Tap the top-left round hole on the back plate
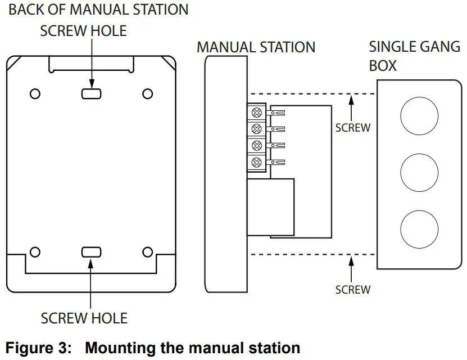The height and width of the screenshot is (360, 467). tap(34, 93)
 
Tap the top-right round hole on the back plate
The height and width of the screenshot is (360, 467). tap(148, 93)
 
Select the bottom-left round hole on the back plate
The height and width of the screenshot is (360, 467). tap(34, 252)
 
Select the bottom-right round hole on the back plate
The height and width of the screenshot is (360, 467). tap(148, 252)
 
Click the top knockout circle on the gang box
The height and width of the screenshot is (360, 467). tap(419, 115)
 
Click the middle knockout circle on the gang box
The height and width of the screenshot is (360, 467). tap(419, 172)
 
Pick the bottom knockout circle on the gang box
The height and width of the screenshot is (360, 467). tap(419, 228)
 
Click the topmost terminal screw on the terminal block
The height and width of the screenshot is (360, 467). tap(257, 112)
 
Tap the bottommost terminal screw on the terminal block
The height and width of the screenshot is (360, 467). tap(257, 163)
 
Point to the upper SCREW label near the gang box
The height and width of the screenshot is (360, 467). tap(353, 128)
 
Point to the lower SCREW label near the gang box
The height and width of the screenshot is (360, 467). tap(353, 290)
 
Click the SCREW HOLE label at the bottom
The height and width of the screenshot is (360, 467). tap(84, 318)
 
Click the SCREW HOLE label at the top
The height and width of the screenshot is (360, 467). tap(83, 31)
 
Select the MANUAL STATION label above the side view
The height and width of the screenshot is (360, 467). tap(256, 47)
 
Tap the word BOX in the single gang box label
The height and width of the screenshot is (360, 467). tap(383, 66)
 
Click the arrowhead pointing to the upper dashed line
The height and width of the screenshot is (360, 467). tap(351, 100)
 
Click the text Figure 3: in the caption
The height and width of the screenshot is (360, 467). tap(39, 347)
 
